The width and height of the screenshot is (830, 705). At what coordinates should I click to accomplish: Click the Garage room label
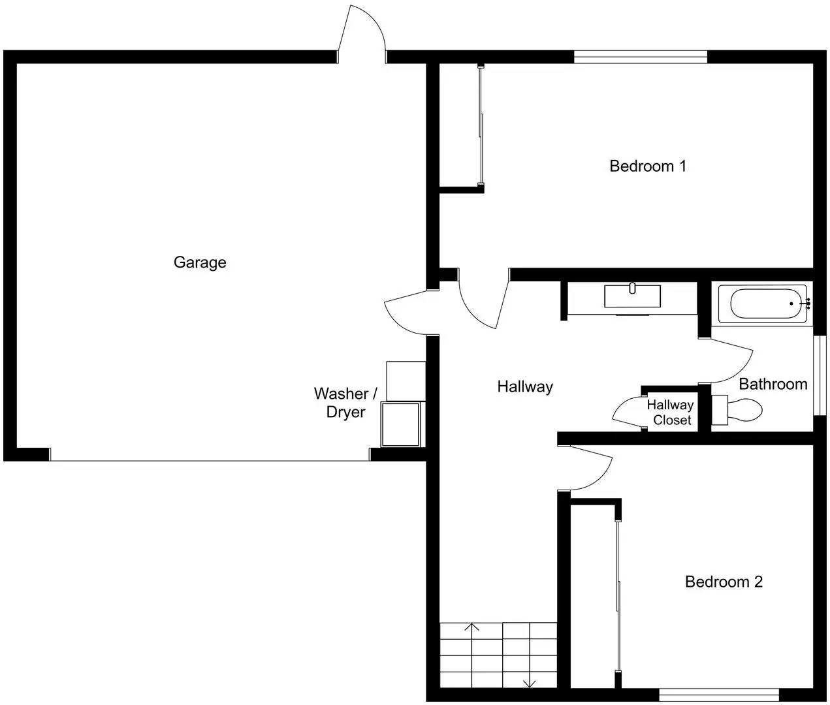(x=200, y=262)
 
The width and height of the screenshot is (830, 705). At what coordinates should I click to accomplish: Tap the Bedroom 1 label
(x=647, y=166)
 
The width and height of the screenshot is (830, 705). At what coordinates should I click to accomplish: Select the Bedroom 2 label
(x=723, y=582)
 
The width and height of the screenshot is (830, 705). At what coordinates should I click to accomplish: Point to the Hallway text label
(x=525, y=386)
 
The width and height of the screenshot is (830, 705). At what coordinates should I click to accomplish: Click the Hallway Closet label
(x=671, y=413)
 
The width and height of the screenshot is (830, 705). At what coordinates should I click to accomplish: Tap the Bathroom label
(x=773, y=384)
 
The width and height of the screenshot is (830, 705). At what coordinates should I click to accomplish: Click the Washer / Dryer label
(x=345, y=403)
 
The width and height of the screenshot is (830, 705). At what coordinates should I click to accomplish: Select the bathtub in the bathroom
(x=765, y=304)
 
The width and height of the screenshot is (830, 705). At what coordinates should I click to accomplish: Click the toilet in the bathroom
(x=738, y=409)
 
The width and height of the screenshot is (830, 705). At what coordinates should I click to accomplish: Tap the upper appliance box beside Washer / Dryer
(x=406, y=381)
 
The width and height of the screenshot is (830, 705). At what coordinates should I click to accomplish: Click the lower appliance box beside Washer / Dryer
(x=400, y=424)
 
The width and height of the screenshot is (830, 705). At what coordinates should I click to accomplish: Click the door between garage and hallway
(x=408, y=312)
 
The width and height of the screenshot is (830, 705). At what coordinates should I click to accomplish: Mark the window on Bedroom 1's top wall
(x=641, y=57)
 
